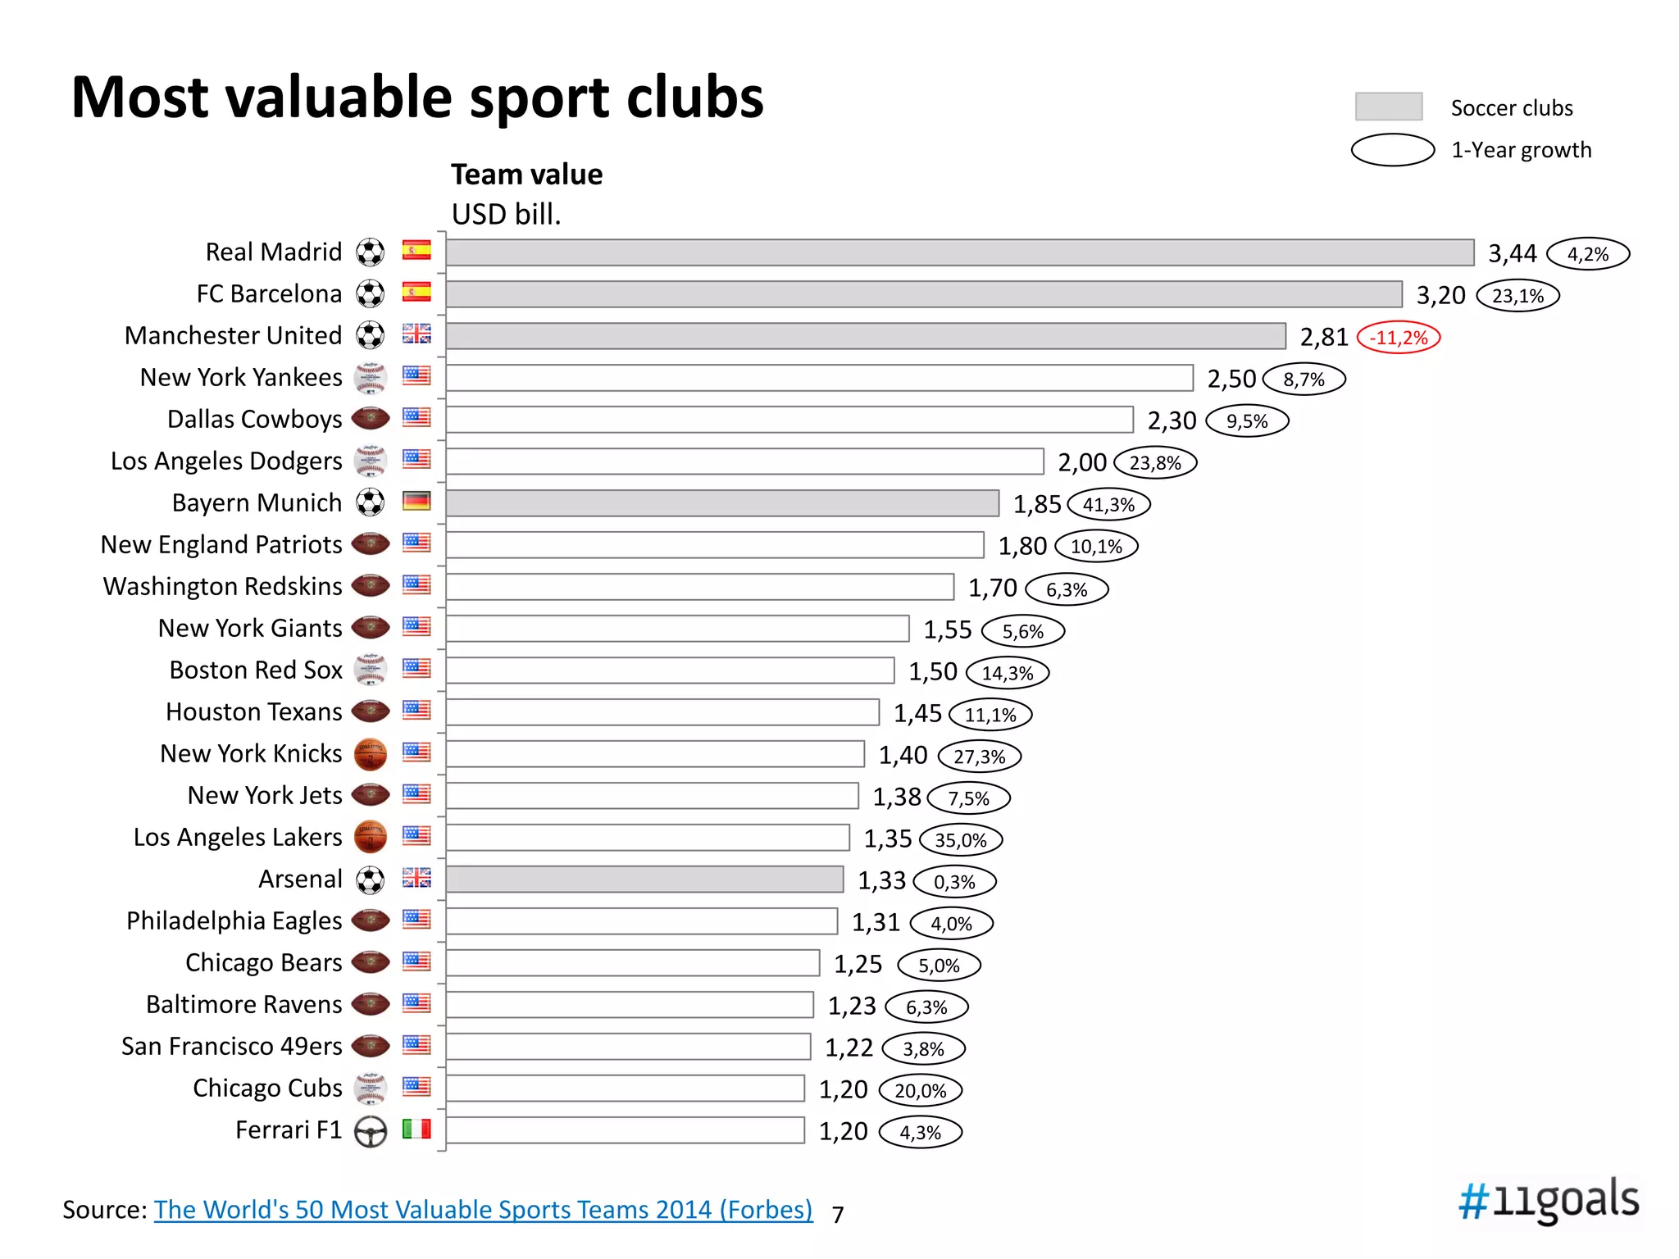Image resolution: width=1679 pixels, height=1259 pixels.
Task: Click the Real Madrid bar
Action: click(959, 252)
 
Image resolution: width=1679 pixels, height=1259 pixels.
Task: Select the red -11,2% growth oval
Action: click(1399, 338)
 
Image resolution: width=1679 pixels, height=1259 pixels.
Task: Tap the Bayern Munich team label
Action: click(257, 502)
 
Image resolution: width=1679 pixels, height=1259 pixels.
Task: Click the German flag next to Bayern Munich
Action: click(416, 501)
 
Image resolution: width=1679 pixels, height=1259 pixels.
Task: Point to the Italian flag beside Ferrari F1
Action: click(416, 1129)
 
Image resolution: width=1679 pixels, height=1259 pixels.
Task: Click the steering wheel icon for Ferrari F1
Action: click(371, 1132)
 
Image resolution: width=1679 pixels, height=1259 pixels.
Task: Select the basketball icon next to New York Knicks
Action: click(371, 754)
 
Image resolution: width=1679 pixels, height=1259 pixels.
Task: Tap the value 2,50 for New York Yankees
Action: click(1231, 379)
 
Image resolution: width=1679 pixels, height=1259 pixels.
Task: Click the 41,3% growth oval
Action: click(1108, 505)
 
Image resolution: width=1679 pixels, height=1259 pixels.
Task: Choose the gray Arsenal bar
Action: click(644, 879)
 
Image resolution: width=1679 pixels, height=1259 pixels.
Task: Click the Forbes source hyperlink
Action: click(483, 1210)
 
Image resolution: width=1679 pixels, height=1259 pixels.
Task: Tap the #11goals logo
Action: click(1549, 1200)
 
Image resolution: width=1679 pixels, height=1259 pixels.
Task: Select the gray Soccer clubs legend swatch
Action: click(1389, 107)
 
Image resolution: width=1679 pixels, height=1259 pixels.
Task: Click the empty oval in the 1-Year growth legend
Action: click(1393, 150)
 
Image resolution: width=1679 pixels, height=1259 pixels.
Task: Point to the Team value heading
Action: click(526, 175)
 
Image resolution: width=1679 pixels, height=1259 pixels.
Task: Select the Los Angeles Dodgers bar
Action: click(744, 461)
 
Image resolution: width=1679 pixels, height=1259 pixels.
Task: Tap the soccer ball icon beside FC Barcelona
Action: click(371, 293)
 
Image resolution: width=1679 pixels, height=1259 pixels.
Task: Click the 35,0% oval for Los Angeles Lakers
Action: click(961, 840)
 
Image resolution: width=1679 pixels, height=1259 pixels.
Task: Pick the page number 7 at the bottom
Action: click(837, 1215)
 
